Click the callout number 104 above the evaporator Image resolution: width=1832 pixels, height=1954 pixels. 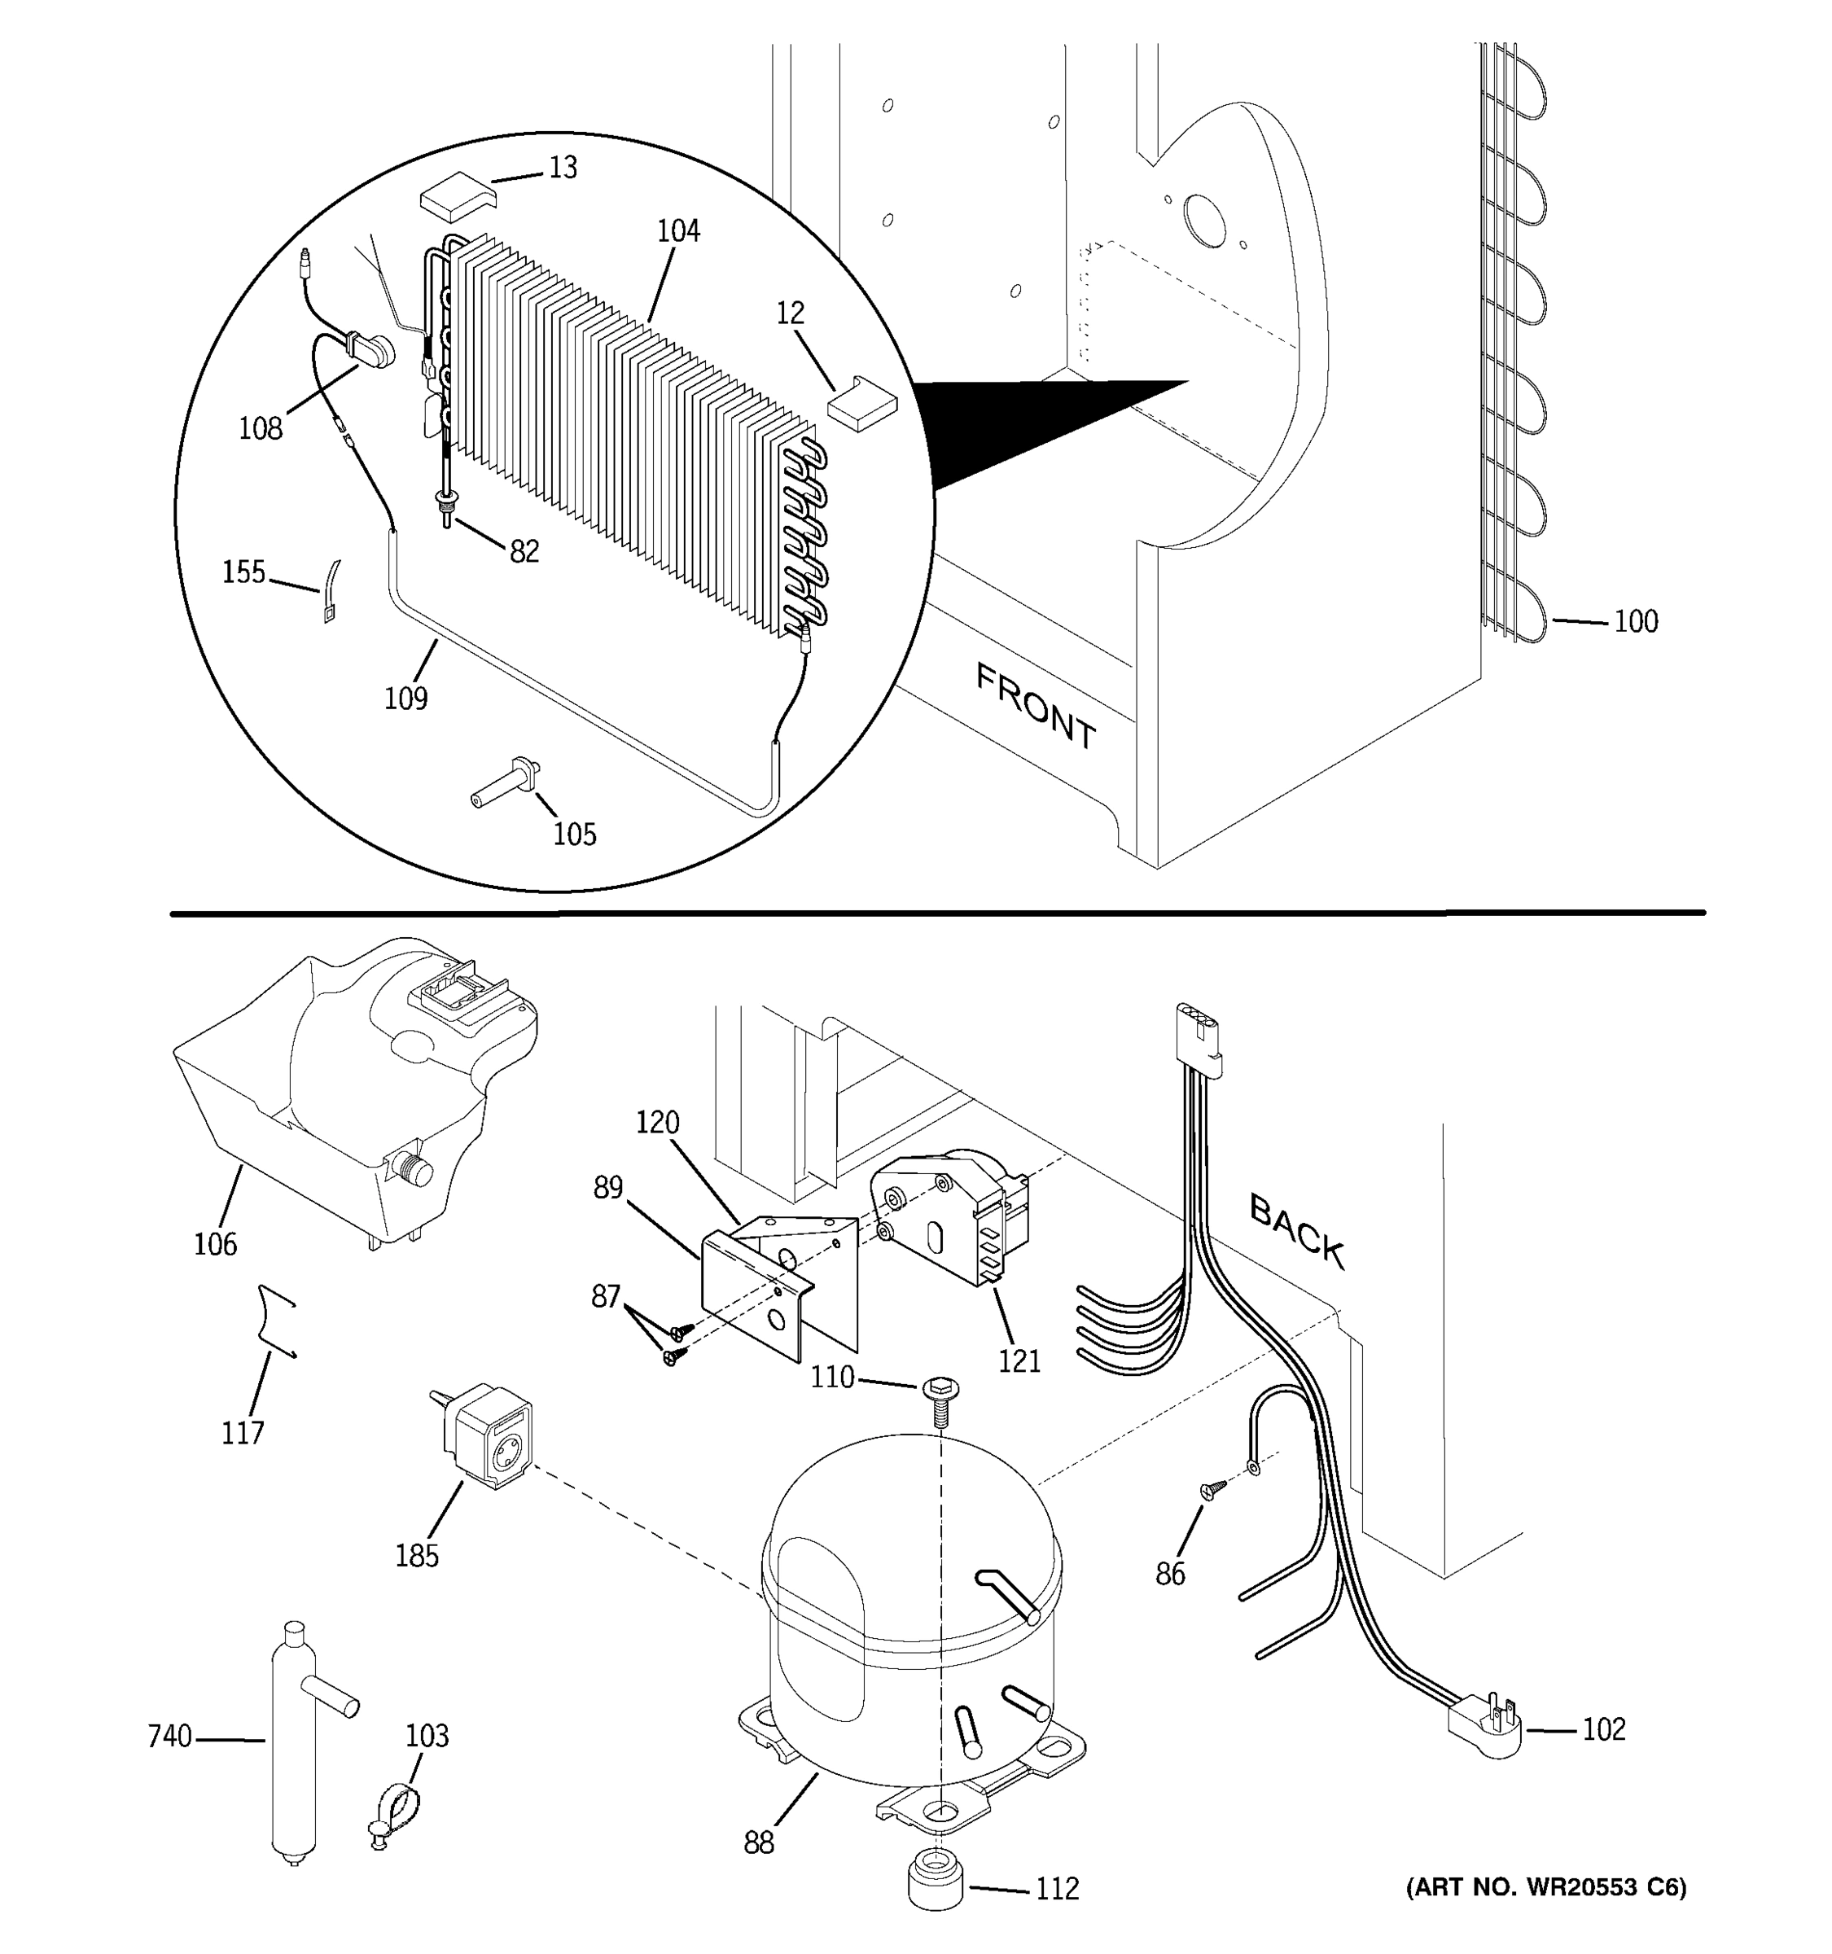tap(678, 231)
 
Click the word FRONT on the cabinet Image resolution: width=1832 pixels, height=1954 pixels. tap(1035, 706)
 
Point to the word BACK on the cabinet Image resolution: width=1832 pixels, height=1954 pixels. tap(1295, 1229)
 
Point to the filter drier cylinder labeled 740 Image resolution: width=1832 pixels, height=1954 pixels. tap(292, 1745)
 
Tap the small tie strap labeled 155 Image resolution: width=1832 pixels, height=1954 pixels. tap(332, 592)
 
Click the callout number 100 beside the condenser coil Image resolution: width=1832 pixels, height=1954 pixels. tap(1636, 621)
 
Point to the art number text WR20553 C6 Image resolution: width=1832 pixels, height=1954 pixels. tap(1546, 1886)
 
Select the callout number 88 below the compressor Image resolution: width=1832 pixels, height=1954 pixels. tap(759, 1843)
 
